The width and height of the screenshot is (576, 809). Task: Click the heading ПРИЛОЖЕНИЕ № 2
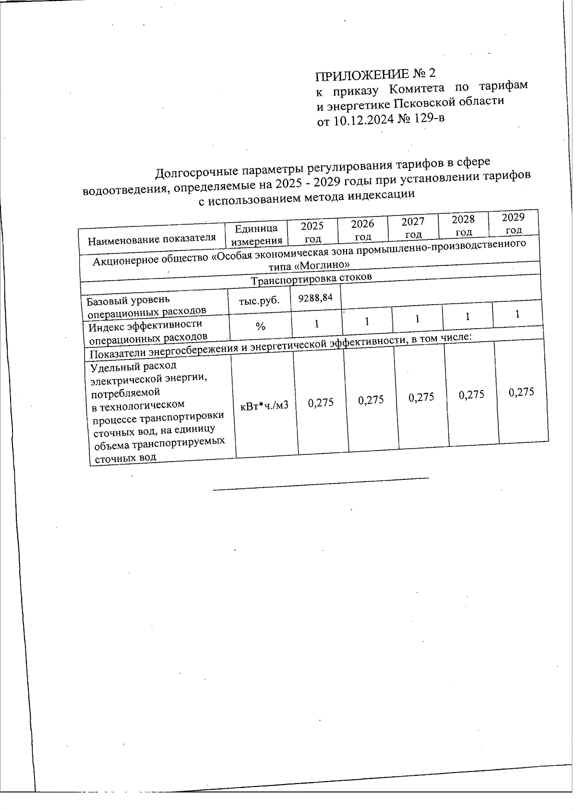click(x=376, y=74)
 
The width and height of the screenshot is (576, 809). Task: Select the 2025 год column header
click(x=312, y=232)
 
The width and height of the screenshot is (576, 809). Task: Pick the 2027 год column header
click(x=413, y=227)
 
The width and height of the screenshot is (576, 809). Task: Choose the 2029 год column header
click(x=513, y=223)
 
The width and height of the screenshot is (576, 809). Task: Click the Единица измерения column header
click(x=256, y=235)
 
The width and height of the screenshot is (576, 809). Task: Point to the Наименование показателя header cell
click(x=152, y=238)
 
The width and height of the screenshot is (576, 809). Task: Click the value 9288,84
click(x=315, y=298)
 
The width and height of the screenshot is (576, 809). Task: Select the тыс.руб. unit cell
click(x=259, y=301)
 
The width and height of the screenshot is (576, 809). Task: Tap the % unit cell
click(x=260, y=327)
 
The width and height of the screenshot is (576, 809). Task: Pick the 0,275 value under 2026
click(x=371, y=400)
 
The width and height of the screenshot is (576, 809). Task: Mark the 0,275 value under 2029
click(x=521, y=392)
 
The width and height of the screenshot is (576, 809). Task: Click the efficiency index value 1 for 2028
click(x=467, y=317)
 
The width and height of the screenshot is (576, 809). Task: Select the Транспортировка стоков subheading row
click(x=312, y=279)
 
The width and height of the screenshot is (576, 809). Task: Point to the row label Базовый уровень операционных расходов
click(x=147, y=306)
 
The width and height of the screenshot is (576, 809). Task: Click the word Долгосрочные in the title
click(x=192, y=171)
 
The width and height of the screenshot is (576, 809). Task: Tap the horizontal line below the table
click(x=320, y=484)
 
